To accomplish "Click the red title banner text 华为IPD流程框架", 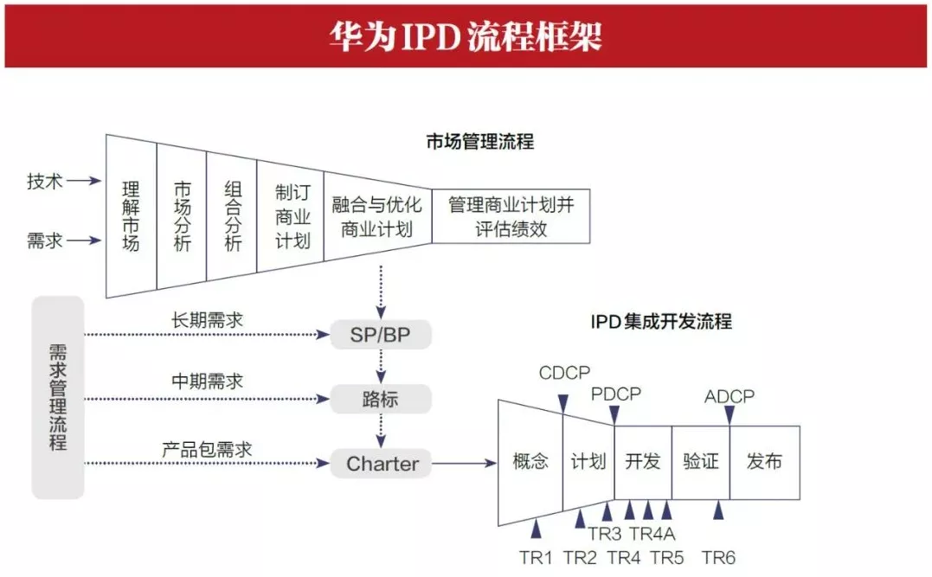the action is (466, 36).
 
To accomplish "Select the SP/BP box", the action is (381, 335).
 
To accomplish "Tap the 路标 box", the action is (381, 399).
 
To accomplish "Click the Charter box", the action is (381, 464).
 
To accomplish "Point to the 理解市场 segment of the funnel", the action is (132, 216).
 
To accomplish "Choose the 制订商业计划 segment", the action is (291, 216).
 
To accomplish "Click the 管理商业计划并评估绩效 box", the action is (511, 216).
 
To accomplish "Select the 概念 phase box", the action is (530, 462).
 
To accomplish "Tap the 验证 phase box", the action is (701, 462).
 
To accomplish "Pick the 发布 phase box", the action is (764, 462).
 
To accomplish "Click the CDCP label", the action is (565, 373).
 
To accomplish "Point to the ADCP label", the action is (730, 396).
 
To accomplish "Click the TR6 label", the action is (718, 558).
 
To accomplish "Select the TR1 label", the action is (536, 558).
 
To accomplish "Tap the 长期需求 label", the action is (208, 320).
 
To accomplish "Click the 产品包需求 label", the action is (208, 449).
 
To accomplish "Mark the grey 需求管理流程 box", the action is (58, 397).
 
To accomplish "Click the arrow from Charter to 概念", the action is (464, 463).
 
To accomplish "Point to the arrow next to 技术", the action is (84, 181).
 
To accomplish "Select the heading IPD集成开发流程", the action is (661, 322).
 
